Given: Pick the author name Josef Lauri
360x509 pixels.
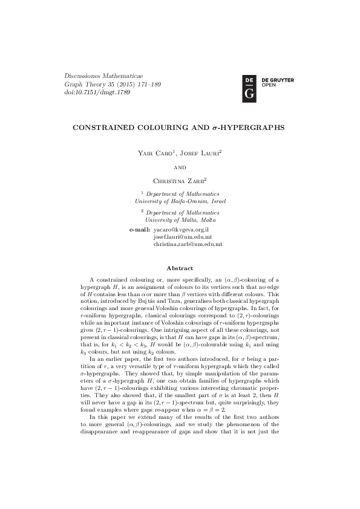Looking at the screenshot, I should (201, 155).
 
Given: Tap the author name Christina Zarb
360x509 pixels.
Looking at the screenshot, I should (179, 180).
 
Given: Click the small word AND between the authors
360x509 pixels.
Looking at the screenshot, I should (180, 167).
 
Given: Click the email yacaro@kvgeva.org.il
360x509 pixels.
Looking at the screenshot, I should (181, 230).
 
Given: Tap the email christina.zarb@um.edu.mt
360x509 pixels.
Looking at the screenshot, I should (188, 245).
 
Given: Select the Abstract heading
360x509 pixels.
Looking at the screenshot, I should (180, 268).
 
